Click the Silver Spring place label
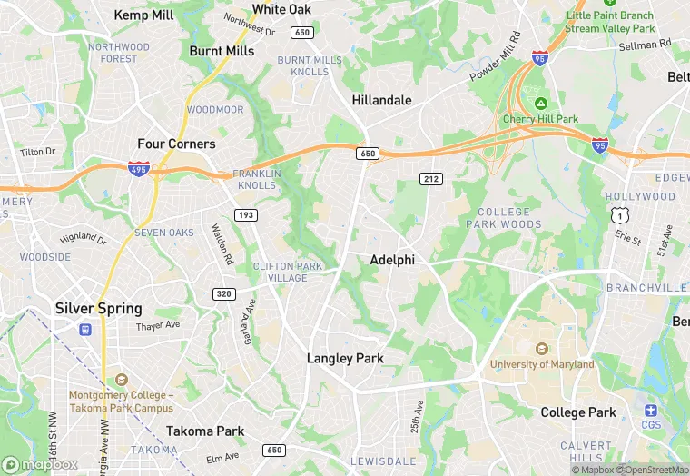click(x=98, y=308)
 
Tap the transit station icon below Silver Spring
click(x=85, y=329)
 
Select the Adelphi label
click(x=392, y=260)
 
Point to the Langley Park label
click(x=345, y=358)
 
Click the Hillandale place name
click(x=381, y=100)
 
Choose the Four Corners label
click(x=176, y=144)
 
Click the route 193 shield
click(x=244, y=214)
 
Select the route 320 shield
click(x=223, y=293)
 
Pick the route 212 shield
click(x=430, y=179)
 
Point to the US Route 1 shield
click(x=619, y=214)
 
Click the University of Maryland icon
click(x=542, y=349)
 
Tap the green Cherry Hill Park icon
click(x=541, y=104)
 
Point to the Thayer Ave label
click(x=158, y=326)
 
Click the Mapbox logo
click(x=40, y=464)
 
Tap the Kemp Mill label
click(x=143, y=15)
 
